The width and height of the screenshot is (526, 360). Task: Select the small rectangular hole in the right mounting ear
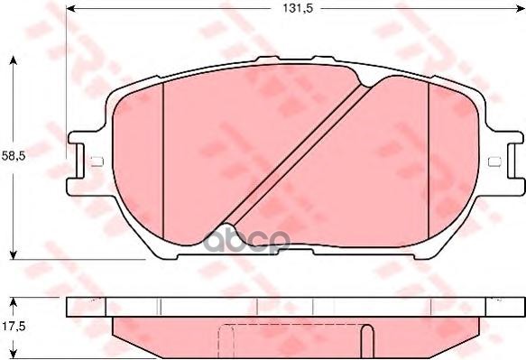tap(493, 162)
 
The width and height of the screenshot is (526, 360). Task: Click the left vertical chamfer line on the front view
tap(161, 153)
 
